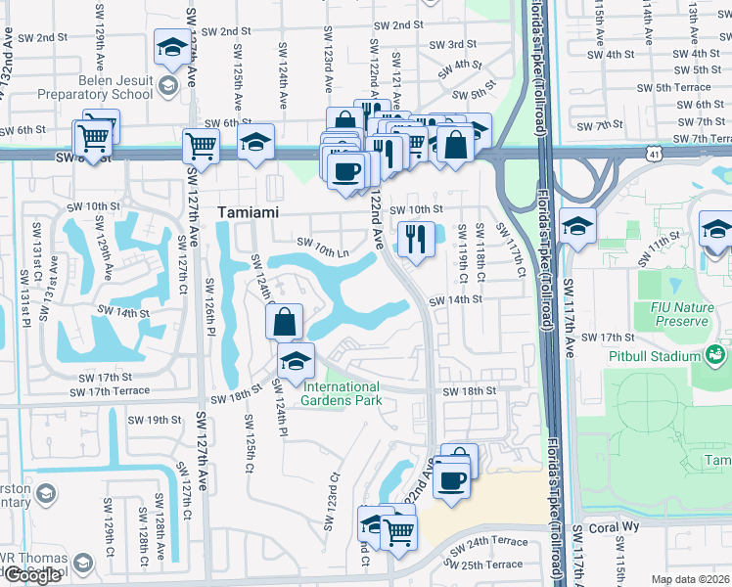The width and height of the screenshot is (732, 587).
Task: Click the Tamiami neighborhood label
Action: [x=249, y=211]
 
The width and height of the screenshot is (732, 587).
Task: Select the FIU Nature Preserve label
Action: [x=681, y=314]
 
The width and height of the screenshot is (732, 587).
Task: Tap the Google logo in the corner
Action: [x=32, y=575]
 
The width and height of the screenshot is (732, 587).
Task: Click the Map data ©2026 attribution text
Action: [x=690, y=579]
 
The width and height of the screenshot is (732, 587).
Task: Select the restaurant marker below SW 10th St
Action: [x=416, y=238]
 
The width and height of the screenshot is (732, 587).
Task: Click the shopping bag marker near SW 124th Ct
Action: [x=283, y=321]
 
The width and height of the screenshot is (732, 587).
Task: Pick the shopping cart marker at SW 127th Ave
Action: [x=201, y=146]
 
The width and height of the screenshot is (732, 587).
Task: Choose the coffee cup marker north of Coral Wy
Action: [x=450, y=480]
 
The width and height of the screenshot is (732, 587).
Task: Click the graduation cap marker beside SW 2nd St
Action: [x=172, y=46]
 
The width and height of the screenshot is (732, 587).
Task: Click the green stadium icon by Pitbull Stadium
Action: [x=715, y=353]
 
